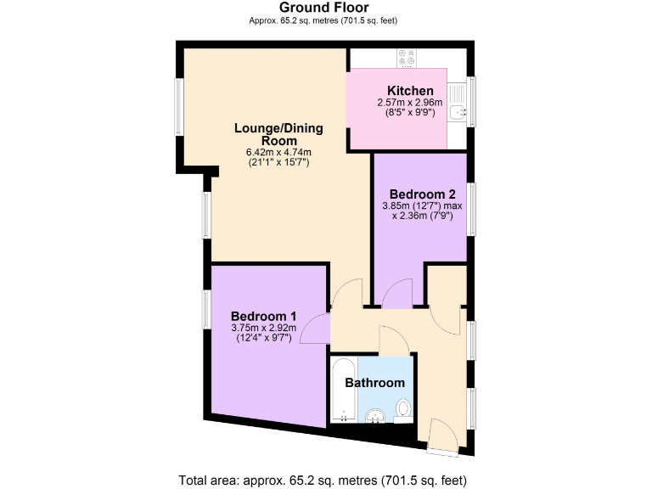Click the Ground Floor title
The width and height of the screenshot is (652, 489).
325,8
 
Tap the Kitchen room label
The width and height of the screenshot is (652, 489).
410,91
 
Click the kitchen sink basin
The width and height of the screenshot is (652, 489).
458,109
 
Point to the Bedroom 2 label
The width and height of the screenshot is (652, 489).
422,193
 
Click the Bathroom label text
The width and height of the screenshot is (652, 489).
374,383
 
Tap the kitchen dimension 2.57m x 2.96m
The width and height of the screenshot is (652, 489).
411,102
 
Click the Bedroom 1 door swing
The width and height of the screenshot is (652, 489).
316,329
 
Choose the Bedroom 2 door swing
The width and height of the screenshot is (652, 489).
396,295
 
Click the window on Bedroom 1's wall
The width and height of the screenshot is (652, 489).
205,309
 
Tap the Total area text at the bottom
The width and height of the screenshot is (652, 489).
325,480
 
